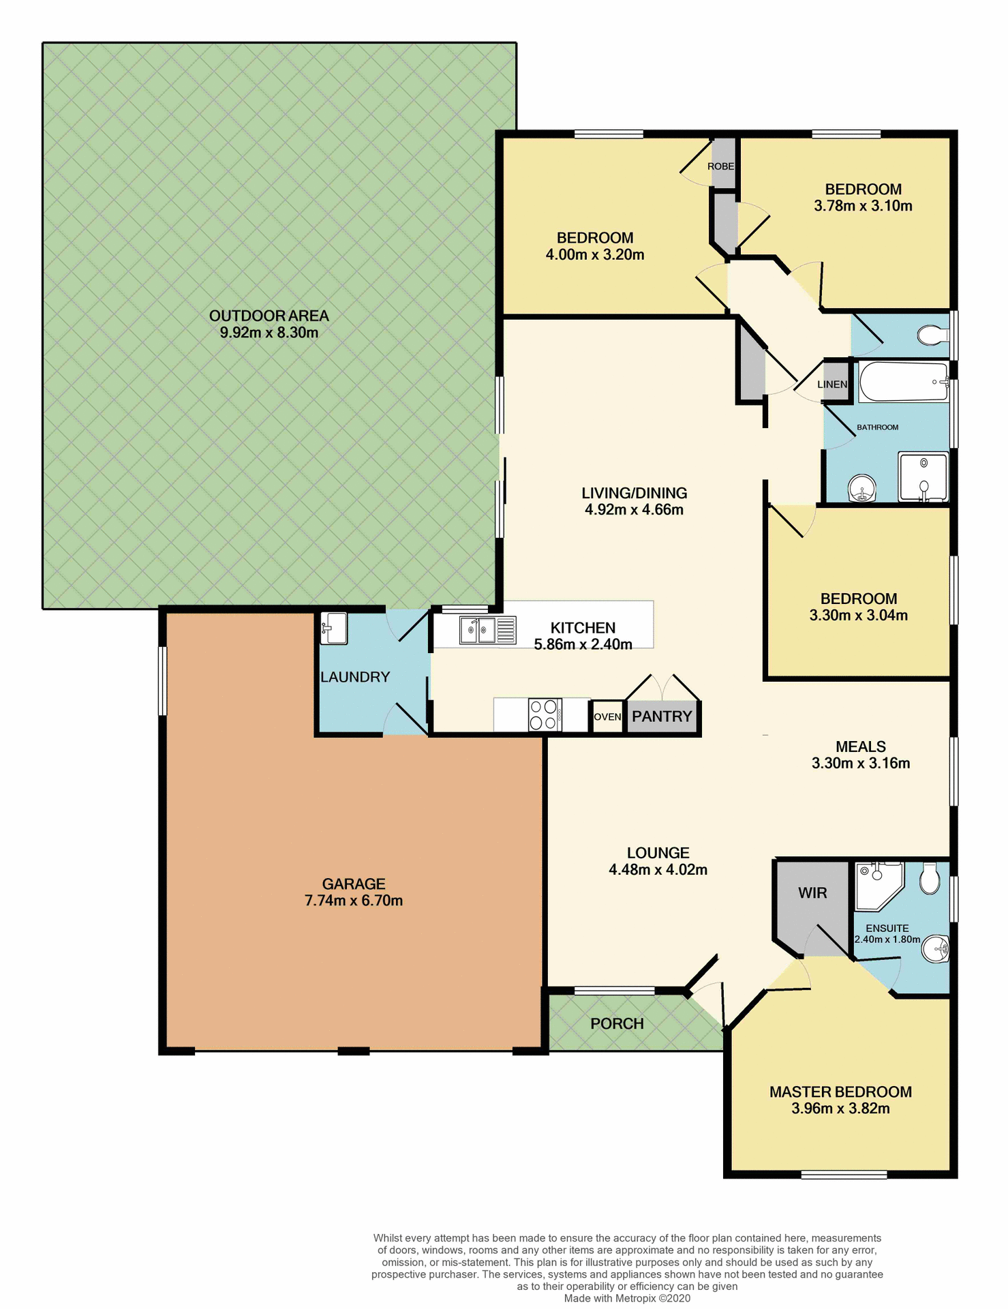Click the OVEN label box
[607, 717]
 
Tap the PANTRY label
[662, 716]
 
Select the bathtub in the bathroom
[903, 382]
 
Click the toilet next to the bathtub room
[932, 335]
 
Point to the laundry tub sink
[334, 628]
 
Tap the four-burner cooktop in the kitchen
[544, 714]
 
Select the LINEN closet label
[832, 384]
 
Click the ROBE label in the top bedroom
[720, 166]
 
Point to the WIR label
[812, 892]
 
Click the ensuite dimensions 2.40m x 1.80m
[887, 939]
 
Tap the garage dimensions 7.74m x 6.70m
[354, 901]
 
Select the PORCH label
[617, 1023]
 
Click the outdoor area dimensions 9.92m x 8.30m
[269, 333]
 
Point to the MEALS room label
[861, 747]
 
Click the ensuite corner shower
[878, 884]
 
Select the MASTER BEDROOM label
[840, 1092]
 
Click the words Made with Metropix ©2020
[627, 1298]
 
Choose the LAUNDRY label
[355, 677]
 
